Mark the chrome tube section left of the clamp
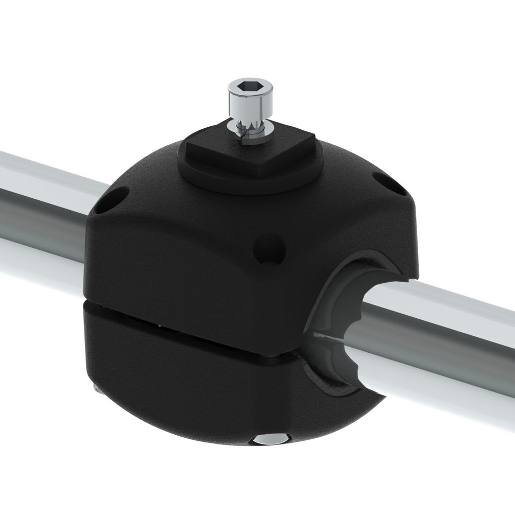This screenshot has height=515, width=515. pyautogui.click(x=41, y=206)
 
